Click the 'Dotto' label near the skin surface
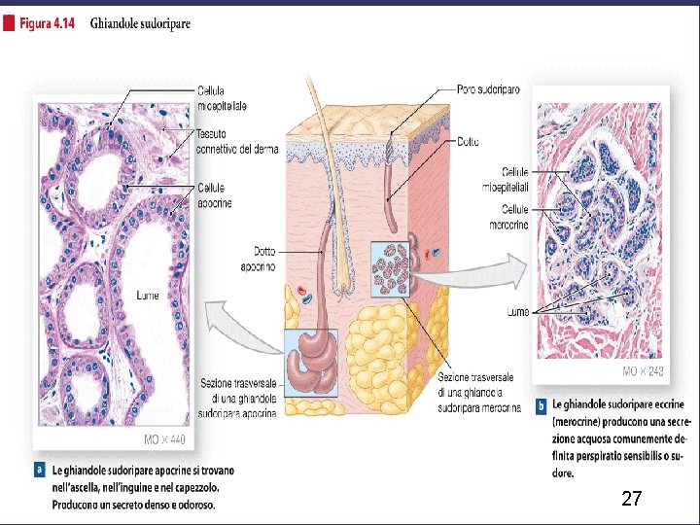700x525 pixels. click(467, 142)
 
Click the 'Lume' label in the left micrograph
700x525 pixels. click(148, 295)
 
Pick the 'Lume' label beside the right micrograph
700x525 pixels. click(517, 312)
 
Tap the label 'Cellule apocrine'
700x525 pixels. click(214, 194)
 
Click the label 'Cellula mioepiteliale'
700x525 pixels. click(223, 97)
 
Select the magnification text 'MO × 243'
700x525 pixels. click(644, 372)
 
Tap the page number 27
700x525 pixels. click(631, 500)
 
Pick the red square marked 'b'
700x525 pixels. click(541, 402)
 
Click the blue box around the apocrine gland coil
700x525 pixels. click(311, 355)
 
